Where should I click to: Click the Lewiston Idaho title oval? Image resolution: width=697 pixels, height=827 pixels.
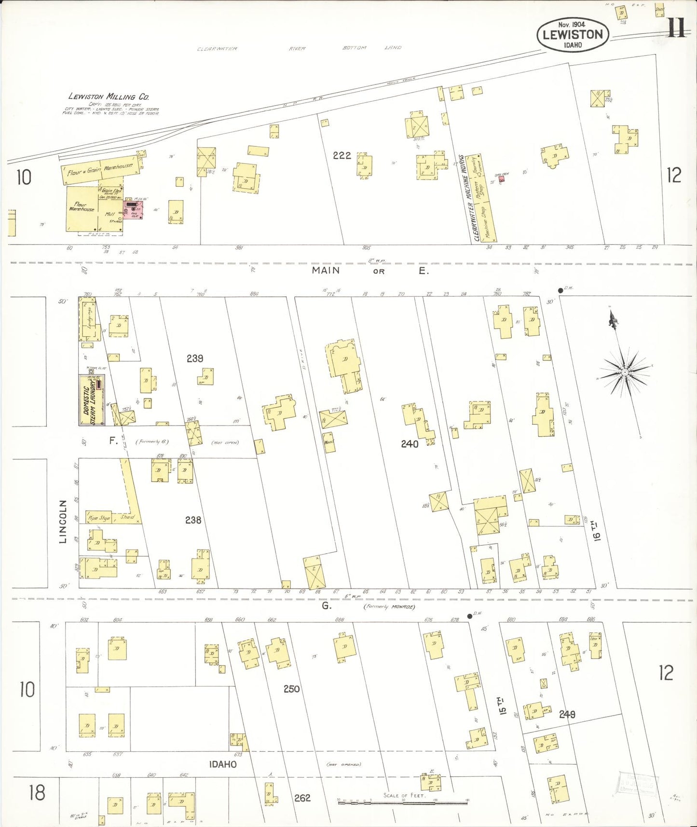pyautogui.click(x=573, y=34)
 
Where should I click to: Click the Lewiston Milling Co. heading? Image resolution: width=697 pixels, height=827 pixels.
pyautogui.click(x=109, y=96)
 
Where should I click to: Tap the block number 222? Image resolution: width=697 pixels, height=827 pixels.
pyautogui.click(x=342, y=155)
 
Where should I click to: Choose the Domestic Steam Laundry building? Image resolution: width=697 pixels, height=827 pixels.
pyautogui.click(x=92, y=400)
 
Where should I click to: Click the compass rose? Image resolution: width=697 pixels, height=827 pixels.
pyautogui.click(x=625, y=372)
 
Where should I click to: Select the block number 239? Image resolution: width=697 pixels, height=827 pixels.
pyautogui.click(x=195, y=358)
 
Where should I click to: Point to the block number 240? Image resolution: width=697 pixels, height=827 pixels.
pyautogui.click(x=410, y=444)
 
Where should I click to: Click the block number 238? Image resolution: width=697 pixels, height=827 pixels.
pyautogui.click(x=193, y=520)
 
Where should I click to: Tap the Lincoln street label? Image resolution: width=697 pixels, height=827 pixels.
pyautogui.click(x=63, y=521)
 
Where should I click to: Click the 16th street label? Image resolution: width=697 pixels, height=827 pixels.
pyautogui.click(x=597, y=531)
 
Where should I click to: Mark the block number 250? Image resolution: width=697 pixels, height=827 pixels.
pyautogui.click(x=291, y=689)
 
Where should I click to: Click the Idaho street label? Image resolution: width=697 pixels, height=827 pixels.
pyautogui.click(x=223, y=764)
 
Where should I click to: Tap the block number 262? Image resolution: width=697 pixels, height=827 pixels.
pyautogui.click(x=302, y=798)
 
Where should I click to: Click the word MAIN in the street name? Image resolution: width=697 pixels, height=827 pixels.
pyautogui.click(x=326, y=270)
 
